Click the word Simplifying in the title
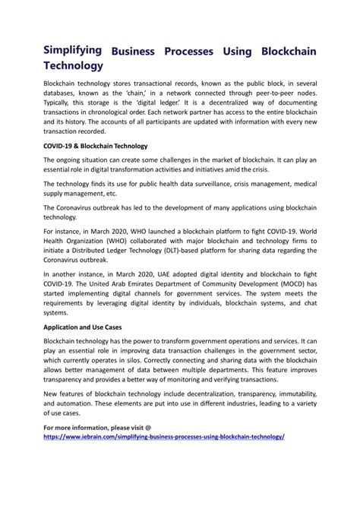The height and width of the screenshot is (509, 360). point(73,49)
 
